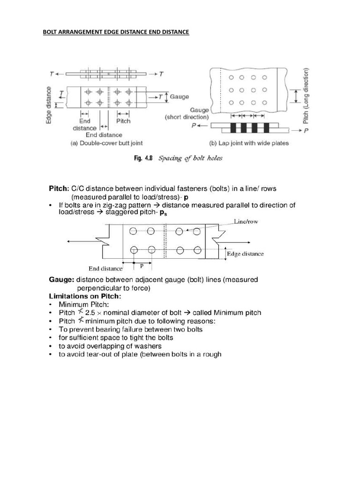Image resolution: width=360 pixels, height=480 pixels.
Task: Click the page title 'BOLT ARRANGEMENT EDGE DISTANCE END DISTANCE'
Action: pos(116,32)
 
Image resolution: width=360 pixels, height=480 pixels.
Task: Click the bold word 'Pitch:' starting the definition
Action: pos(59,189)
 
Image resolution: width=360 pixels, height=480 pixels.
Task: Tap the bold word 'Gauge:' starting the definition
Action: pos(61,280)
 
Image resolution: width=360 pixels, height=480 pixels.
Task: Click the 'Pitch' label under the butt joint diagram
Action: pos(123,121)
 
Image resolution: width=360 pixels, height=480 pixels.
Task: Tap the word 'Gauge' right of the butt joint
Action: pos(180,97)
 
